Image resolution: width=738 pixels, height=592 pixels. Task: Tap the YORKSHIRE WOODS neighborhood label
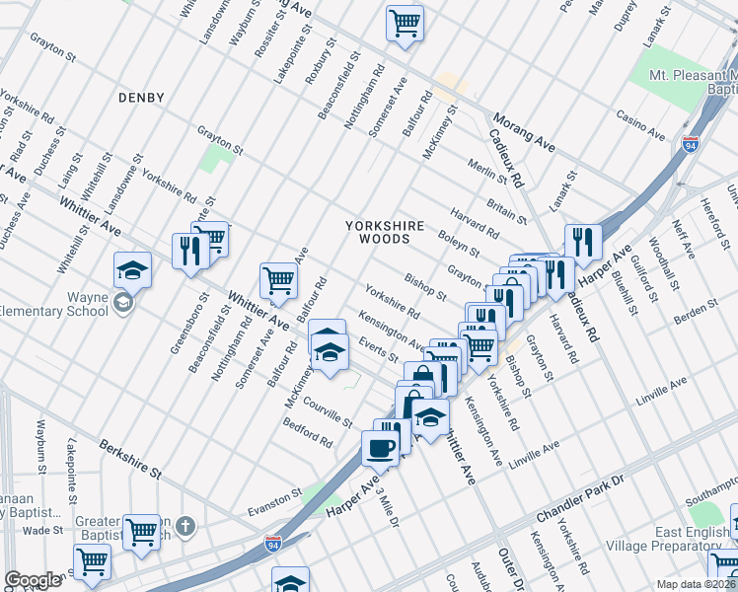click(385, 232)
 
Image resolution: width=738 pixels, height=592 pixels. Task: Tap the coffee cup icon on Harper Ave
click(380, 448)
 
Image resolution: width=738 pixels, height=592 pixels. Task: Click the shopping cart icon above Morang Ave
click(405, 22)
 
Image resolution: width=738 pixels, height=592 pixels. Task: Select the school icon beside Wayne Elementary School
click(132, 269)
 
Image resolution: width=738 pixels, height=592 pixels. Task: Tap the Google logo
click(33, 579)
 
